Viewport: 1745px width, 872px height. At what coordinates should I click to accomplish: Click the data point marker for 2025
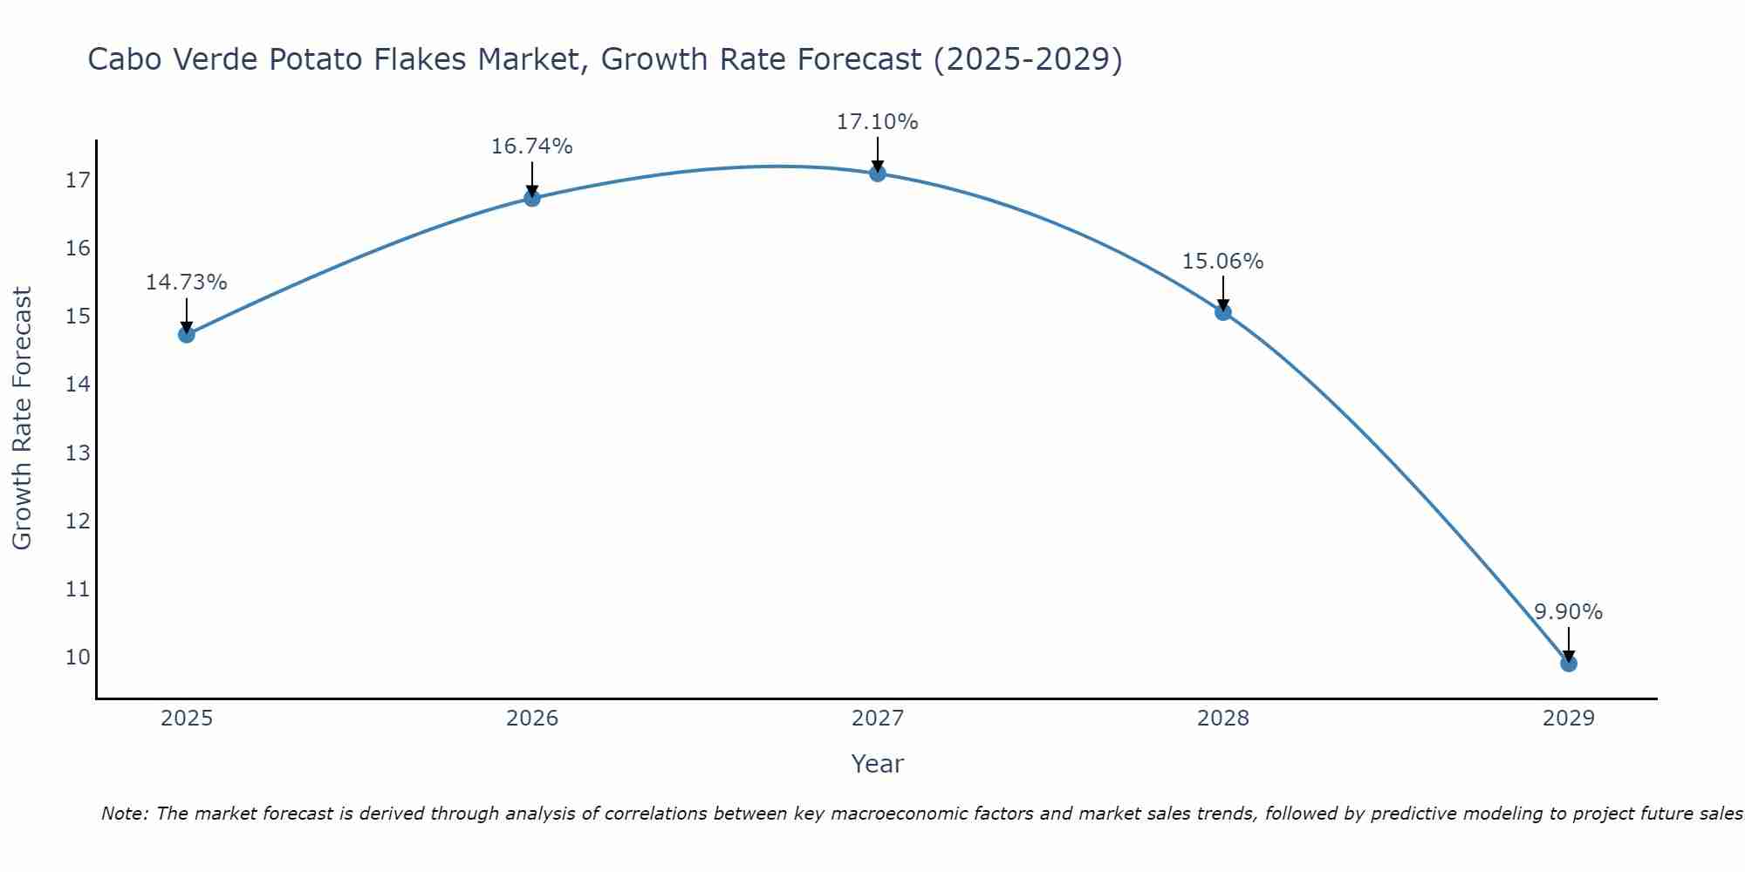pyautogui.click(x=187, y=334)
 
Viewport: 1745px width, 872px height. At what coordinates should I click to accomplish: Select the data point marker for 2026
pyautogui.click(x=532, y=198)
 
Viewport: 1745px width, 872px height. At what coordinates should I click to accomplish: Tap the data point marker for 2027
pyautogui.click(x=878, y=174)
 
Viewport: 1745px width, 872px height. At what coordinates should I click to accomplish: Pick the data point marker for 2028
pyautogui.click(x=1223, y=311)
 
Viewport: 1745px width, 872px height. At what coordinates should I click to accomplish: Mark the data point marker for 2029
pyautogui.click(x=1569, y=664)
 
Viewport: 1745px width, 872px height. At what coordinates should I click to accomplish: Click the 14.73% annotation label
pyautogui.click(x=187, y=283)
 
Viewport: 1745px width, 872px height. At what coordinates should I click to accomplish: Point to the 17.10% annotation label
pyautogui.click(x=878, y=122)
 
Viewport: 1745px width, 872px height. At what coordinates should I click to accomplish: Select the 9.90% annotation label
pyautogui.click(x=1569, y=612)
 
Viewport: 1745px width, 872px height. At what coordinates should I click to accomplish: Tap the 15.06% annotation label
pyautogui.click(x=1223, y=262)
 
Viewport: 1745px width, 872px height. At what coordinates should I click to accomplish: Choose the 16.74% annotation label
pyautogui.click(x=532, y=146)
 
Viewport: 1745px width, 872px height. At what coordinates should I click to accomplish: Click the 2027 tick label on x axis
pyautogui.click(x=878, y=719)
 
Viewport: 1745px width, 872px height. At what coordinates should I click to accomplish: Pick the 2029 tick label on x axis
pyautogui.click(x=1569, y=719)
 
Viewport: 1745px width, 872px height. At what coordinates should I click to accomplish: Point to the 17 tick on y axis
pyautogui.click(x=78, y=181)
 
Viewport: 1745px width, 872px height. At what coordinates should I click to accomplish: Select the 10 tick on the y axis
pyautogui.click(x=78, y=657)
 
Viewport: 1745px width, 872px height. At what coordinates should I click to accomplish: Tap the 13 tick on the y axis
pyautogui.click(x=78, y=453)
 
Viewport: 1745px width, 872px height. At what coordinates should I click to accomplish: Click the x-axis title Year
pyautogui.click(x=878, y=764)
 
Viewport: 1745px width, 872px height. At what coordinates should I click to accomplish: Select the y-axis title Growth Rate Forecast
pyautogui.click(x=23, y=419)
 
